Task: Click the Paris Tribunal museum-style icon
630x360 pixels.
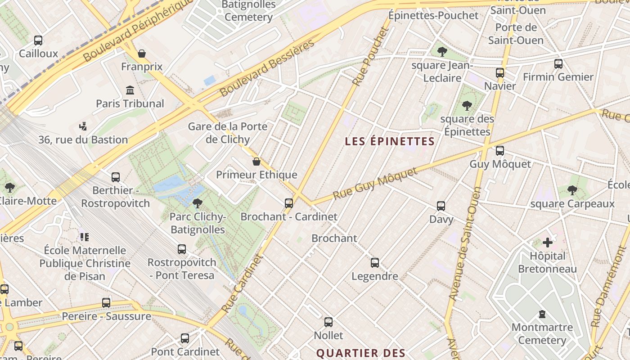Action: tap(130, 90)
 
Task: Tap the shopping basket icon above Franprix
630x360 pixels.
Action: tap(142, 54)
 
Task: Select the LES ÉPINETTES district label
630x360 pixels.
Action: tap(390, 141)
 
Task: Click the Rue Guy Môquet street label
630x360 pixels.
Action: tap(376, 184)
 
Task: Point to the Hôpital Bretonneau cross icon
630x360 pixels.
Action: tap(547, 243)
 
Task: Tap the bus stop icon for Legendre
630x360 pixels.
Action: tap(375, 263)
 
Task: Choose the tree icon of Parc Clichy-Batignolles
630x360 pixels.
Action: tap(197, 203)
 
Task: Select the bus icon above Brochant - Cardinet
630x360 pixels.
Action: tap(289, 203)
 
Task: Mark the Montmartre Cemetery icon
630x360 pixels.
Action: tap(542, 314)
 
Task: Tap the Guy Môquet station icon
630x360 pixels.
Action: tap(500, 151)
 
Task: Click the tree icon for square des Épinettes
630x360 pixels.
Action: tap(467, 106)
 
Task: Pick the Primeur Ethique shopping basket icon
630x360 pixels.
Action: tap(256, 162)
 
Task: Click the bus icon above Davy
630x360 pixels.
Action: tap(441, 206)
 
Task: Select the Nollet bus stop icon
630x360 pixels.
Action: tap(328, 322)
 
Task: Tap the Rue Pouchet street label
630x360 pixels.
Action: tap(370, 56)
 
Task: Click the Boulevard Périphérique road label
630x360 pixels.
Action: tap(137, 31)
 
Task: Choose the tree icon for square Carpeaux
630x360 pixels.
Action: tap(572, 190)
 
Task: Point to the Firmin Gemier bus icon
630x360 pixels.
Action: tap(558, 64)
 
